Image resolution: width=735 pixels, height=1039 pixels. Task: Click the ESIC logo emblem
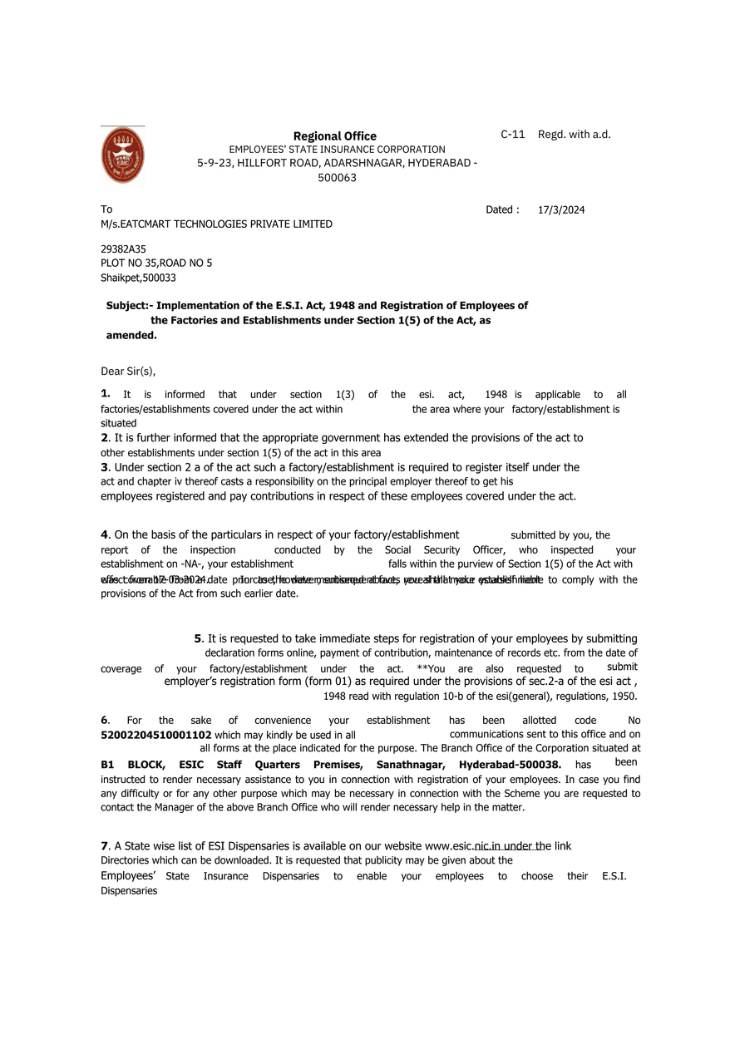(x=122, y=155)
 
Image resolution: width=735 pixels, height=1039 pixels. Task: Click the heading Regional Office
(x=334, y=136)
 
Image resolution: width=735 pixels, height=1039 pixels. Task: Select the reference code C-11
(x=512, y=134)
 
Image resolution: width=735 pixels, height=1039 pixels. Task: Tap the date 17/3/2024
(x=561, y=210)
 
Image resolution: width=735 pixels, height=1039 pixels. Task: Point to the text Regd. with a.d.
(x=575, y=134)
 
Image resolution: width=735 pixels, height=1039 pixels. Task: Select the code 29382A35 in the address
(x=123, y=249)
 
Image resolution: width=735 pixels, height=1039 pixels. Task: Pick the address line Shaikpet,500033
(x=138, y=278)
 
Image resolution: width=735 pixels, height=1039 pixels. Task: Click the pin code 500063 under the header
(x=338, y=178)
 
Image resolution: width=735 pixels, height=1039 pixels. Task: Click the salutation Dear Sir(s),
(x=128, y=372)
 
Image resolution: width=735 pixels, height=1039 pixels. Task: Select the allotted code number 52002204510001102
(x=156, y=736)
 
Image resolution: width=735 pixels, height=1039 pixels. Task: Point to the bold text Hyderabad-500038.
(x=510, y=765)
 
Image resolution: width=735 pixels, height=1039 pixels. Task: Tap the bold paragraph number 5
(x=198, y=638)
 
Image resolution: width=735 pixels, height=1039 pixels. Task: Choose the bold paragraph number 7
(x=104, y=846)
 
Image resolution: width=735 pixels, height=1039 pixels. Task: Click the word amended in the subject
(x=131, y=336)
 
